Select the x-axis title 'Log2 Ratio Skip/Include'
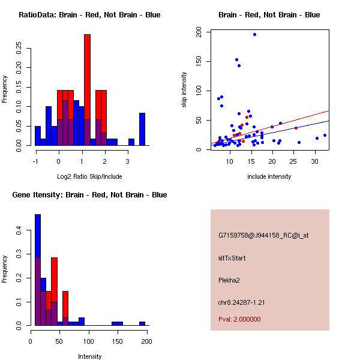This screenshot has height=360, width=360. coord(89,176)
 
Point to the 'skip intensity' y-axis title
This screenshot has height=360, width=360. coord(184,90)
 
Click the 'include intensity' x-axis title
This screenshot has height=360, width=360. coord(269,176)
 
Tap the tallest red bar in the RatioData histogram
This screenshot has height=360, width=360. coord(87,78)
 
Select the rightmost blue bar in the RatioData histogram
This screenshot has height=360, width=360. coord(142,129)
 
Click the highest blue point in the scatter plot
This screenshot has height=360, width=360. coord(254,34)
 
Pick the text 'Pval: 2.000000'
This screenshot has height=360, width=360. coord(239,319)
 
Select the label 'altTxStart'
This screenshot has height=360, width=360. coord(232,258)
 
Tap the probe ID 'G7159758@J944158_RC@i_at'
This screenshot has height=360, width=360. coord(263,236)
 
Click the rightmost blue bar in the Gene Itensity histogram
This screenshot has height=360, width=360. coord(142,323)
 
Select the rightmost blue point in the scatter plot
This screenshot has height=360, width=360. coord(325,136)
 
